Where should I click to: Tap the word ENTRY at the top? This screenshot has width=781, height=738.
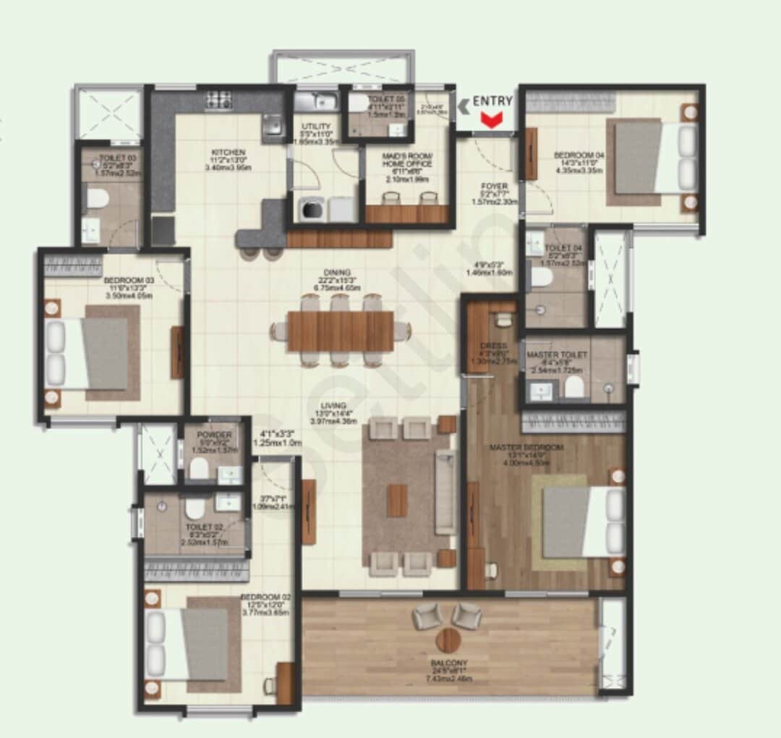click(492, 101)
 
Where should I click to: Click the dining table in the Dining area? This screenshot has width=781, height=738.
click(340, 331)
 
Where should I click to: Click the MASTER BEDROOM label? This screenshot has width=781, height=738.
click(526, 448)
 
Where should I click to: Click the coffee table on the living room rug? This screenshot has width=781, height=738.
click(396, 501)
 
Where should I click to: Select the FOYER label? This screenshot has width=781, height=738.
click(495, 186)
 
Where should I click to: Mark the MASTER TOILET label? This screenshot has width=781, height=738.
click(557, 355)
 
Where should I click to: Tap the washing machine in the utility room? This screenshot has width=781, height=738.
click(312, 209)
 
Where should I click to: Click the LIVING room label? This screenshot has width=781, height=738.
click(335, 405)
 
